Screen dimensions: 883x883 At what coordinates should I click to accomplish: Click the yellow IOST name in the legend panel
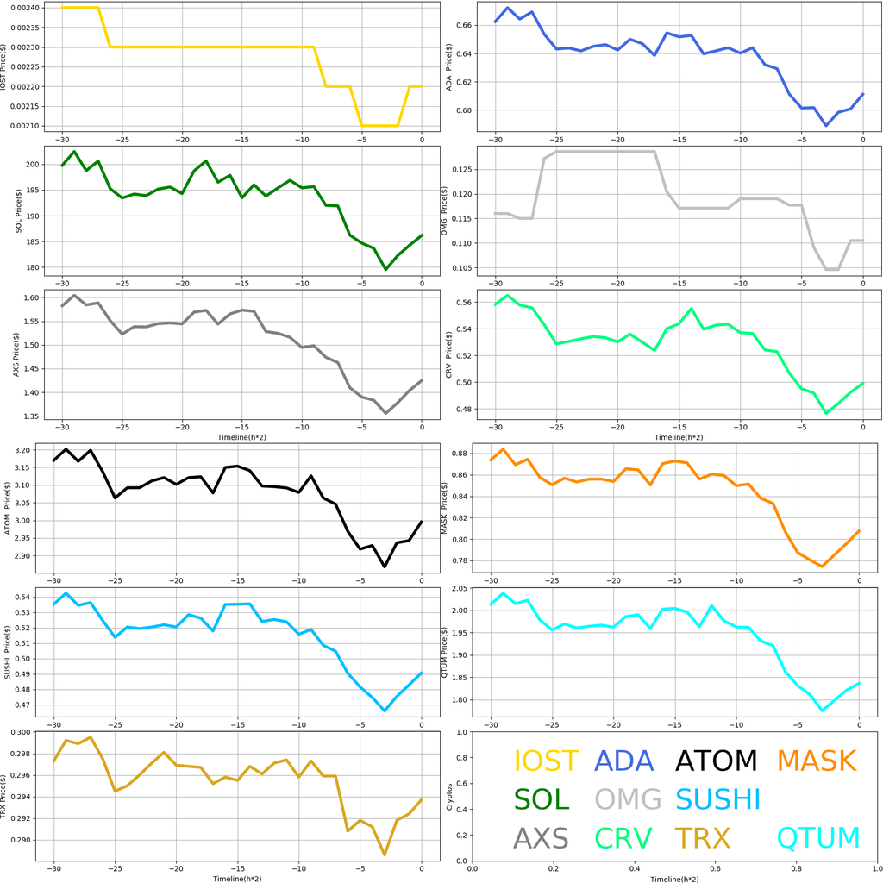546,761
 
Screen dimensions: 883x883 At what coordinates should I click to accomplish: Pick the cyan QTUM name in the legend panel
818,838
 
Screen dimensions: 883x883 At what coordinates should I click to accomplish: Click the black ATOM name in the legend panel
716,761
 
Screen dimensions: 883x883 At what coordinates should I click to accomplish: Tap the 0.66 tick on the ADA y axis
467,26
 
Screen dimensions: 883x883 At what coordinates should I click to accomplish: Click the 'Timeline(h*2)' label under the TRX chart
237,878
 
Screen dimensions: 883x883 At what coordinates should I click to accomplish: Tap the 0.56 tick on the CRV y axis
467,303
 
